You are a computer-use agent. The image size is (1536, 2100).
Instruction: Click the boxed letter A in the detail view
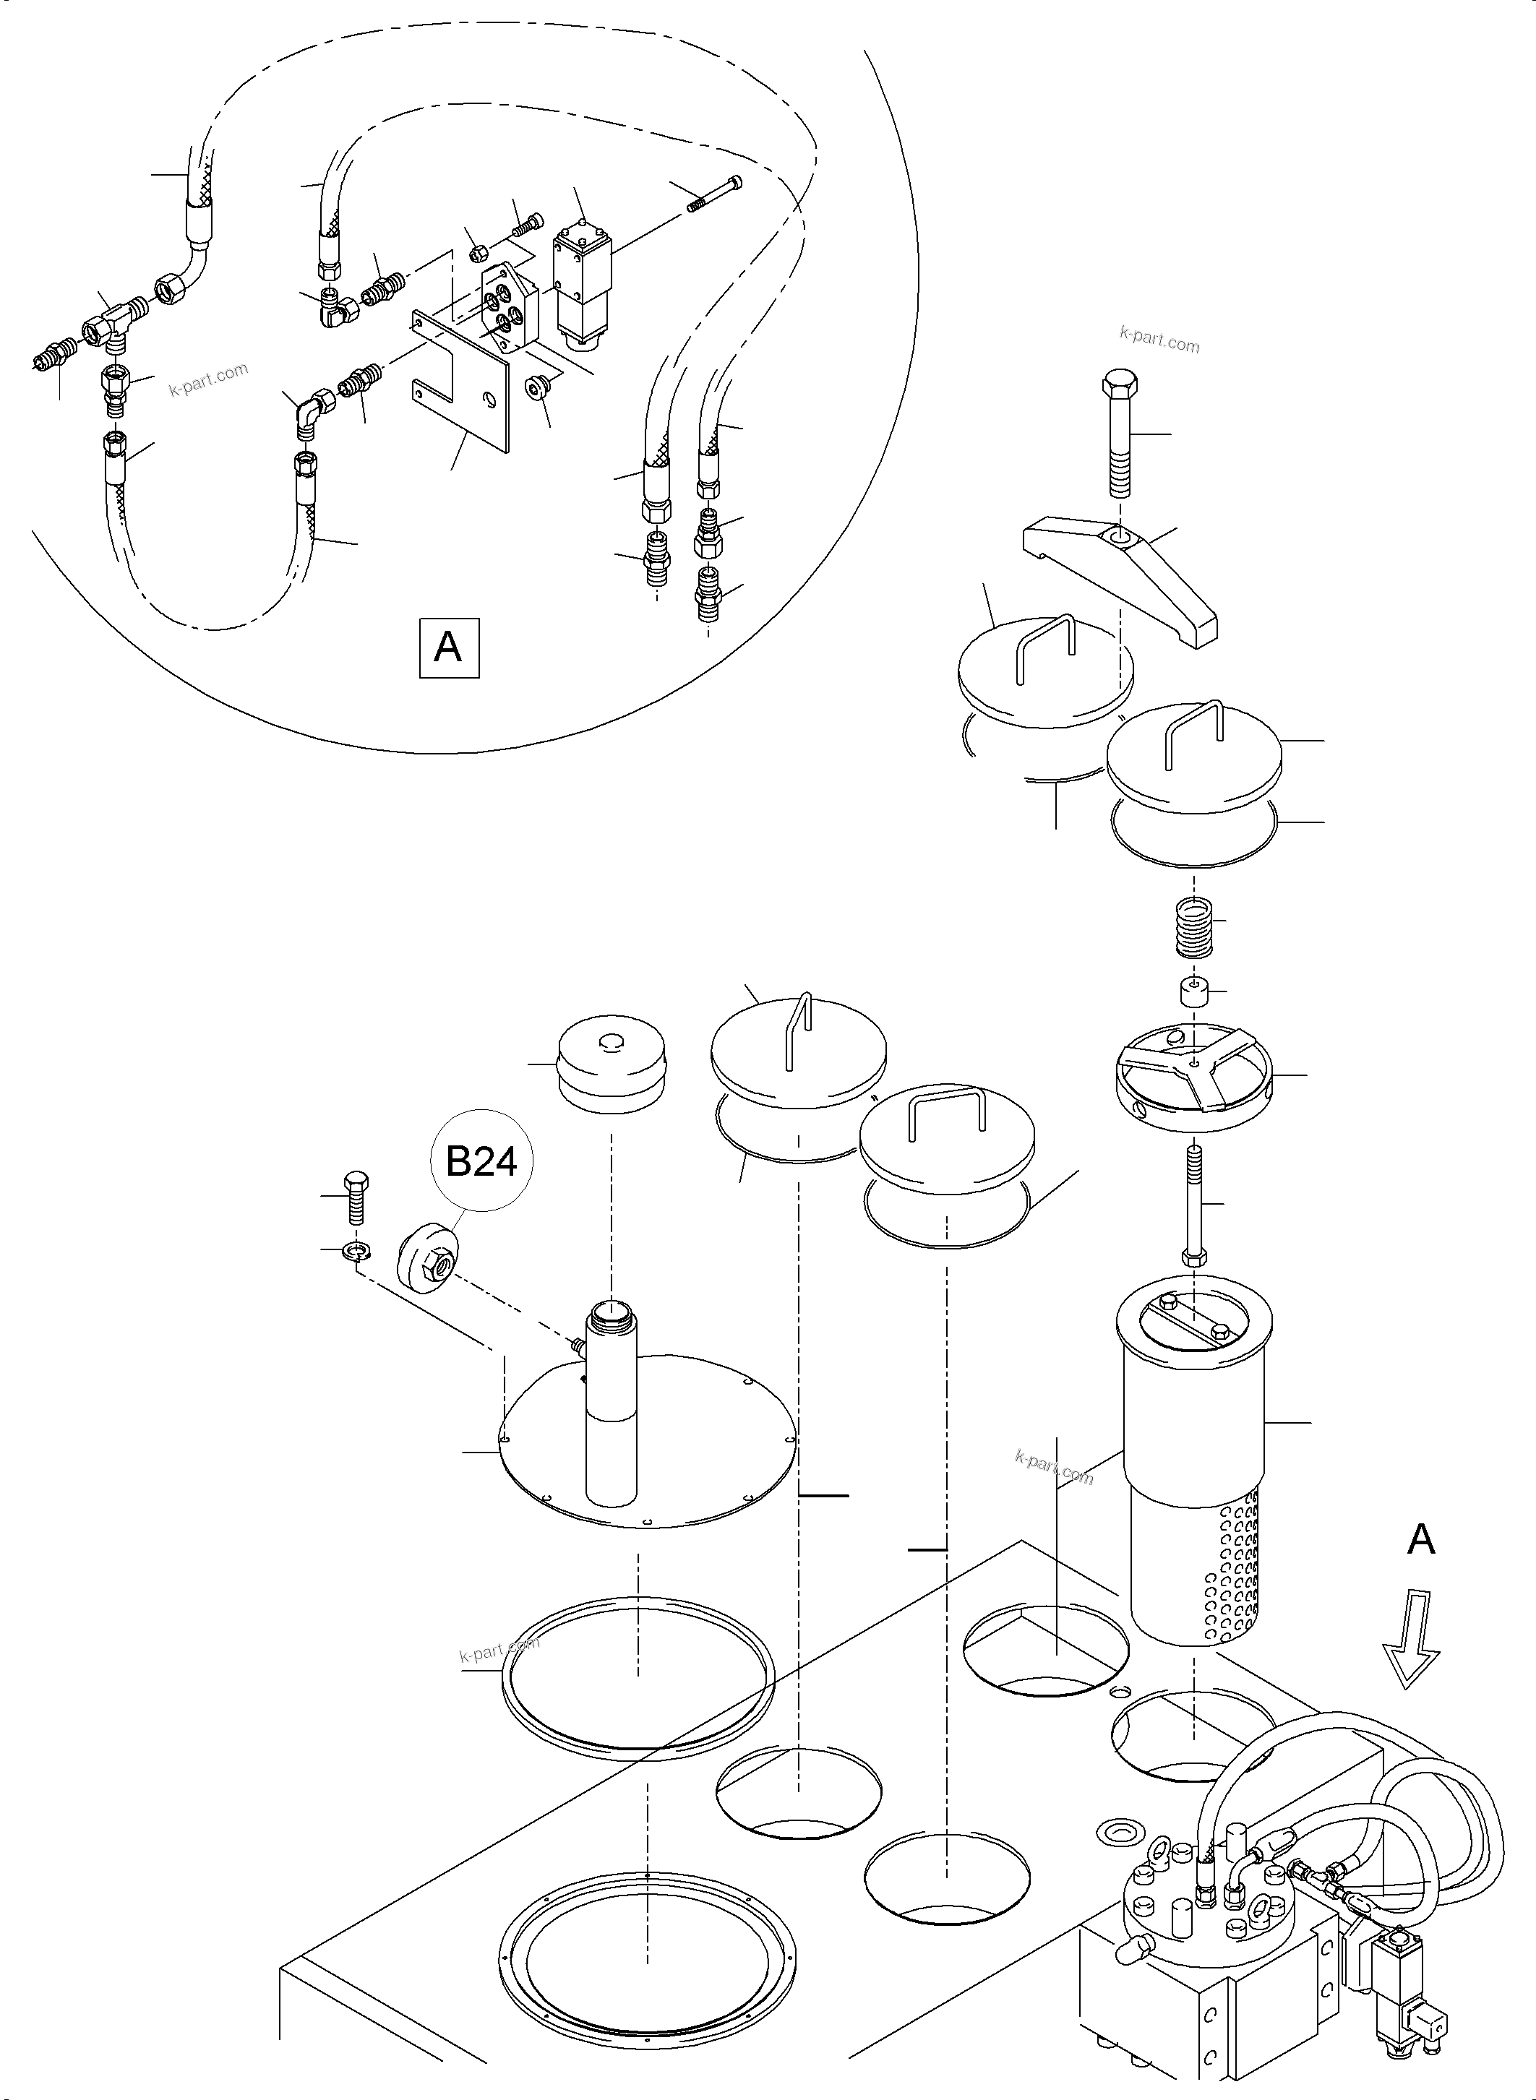(448, 646)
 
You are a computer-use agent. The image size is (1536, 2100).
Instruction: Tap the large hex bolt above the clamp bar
(1120, 437)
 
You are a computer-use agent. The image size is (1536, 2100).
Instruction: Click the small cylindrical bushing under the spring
(1193, 992)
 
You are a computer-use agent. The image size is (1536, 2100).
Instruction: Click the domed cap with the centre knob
(610, 1064)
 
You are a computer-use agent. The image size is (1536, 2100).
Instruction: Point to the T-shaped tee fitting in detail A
(108, 327)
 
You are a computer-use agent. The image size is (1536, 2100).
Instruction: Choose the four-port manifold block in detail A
(509, 309)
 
